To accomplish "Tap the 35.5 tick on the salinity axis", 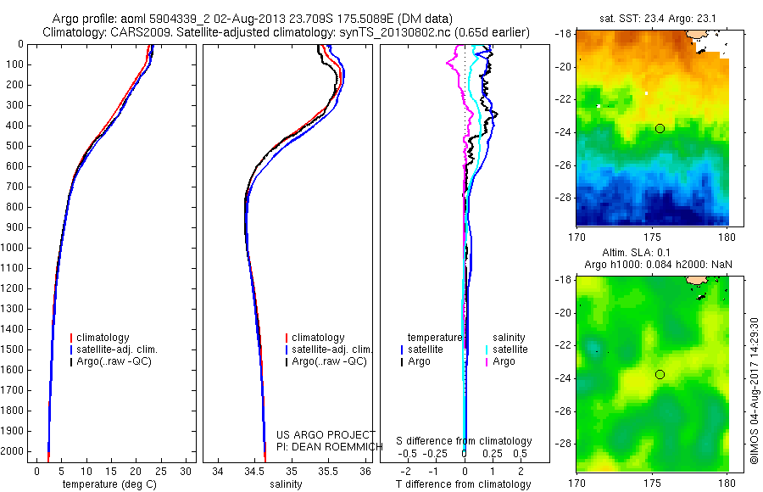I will click(329, 471).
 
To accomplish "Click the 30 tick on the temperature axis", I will click(187, 471).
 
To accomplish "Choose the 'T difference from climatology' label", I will click(463, 484).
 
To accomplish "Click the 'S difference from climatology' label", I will click(465, 441).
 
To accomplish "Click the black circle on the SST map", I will click(660, 128).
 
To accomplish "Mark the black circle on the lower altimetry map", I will click(660, 374).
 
